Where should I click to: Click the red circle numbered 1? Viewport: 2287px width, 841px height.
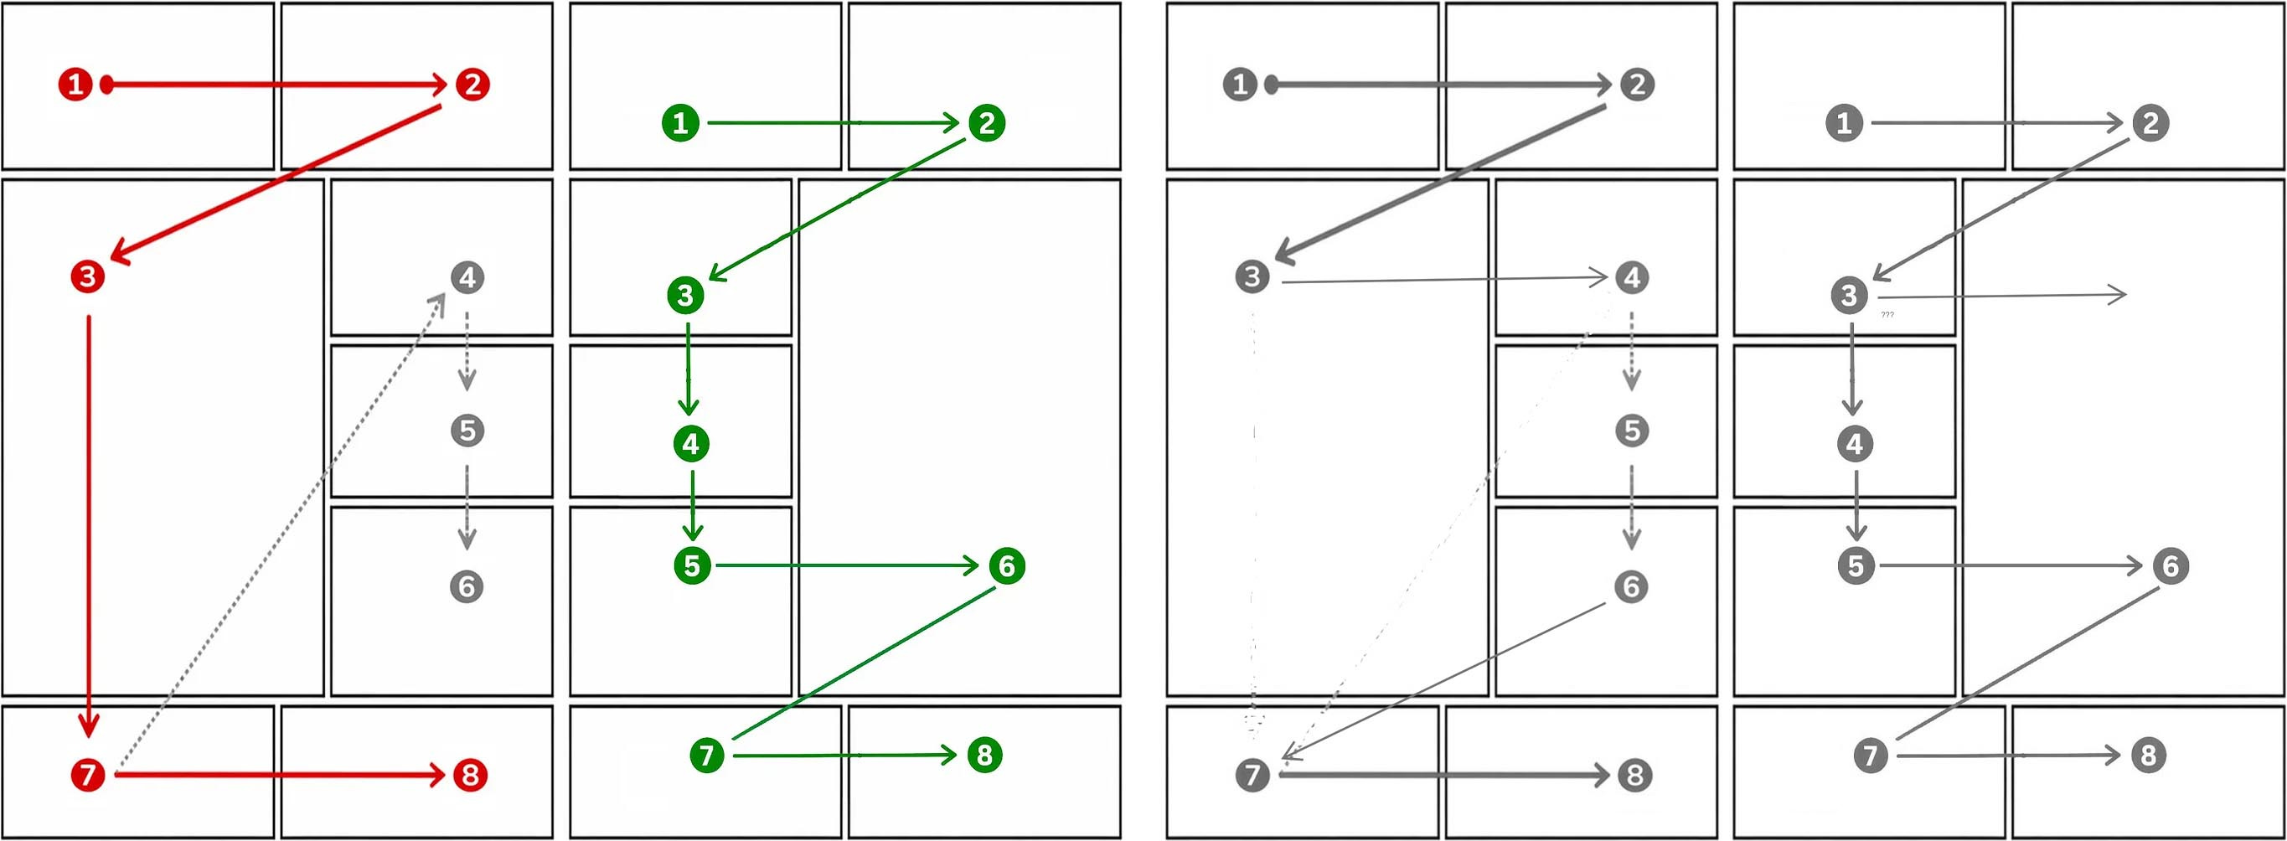click(x=75, y=85)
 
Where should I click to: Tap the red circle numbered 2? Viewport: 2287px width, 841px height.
click(x=472, y=85)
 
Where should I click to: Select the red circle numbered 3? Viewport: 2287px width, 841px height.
click(x=87, y=276)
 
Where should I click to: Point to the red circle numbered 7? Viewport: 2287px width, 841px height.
click(x=88, y=774)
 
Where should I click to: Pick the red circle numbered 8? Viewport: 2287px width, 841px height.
click(x=471, y=774)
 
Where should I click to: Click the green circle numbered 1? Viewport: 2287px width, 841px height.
click(x=681, y=122)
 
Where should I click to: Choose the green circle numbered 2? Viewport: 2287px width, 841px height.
click(x=986, y=122)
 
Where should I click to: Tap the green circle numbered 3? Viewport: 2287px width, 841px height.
click(x=685, y=296)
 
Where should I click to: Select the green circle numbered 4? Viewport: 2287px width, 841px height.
click(x=692, y=443)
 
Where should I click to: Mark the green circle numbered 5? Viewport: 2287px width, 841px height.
click(x=693, y=565)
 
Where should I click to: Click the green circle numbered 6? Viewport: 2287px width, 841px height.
click(x=1007, y=565)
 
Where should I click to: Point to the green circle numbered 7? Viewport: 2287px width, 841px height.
click(x=707, y=755)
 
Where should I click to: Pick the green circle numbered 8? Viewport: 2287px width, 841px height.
click(x=984, y=755)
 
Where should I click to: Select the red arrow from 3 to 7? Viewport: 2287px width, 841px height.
click(x=88, y=526)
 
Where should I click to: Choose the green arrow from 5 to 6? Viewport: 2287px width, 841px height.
click(x=847, y=565)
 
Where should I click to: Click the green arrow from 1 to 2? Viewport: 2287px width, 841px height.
click(x=833, y=122)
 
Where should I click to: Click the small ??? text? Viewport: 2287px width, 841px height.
click(x=1887, y=314)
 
